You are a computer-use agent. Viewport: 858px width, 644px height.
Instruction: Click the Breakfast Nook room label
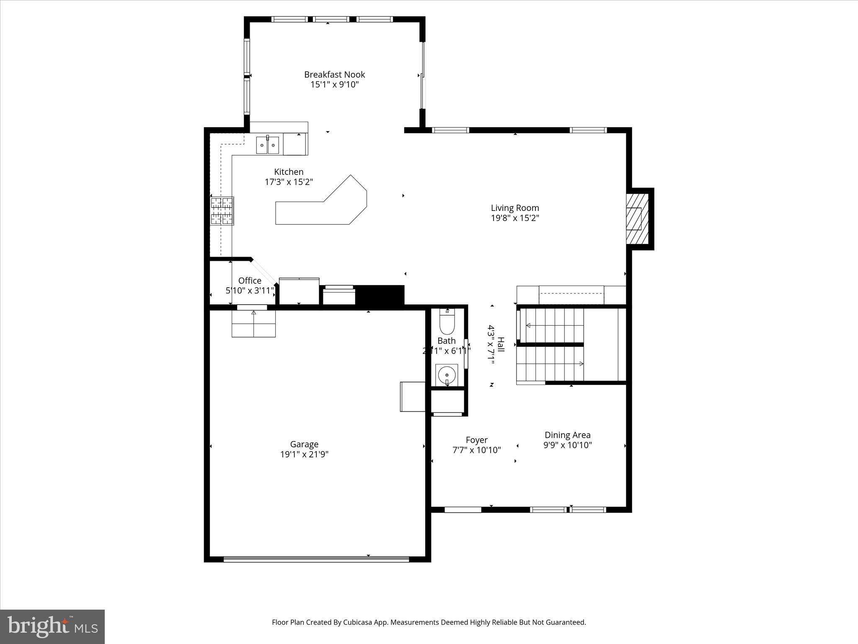[x=334, y=75]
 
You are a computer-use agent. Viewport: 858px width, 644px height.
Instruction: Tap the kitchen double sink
[x=268, y=145]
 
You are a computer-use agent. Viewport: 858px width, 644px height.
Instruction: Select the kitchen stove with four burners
[x=222, y=211]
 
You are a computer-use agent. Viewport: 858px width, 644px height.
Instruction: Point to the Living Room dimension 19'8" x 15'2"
[x=515, y=218]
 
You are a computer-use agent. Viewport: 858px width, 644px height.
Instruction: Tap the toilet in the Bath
[x=447, y=323]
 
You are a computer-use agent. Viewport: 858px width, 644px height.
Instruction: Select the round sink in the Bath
[x=447, y=374]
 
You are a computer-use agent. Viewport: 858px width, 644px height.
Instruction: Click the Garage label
[x=304, y=444]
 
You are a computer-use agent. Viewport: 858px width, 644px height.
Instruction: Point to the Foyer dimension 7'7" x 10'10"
[x=476, y=450]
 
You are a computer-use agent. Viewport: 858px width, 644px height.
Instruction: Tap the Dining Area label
[x=567, y=435]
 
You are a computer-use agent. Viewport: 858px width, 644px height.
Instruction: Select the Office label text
[x=250, y=280]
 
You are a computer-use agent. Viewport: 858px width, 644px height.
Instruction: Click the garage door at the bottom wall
[x=316, y=559]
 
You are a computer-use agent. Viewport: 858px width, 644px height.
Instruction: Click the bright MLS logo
[x=52, y=626]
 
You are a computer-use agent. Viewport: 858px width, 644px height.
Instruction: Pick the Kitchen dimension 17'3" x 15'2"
[x=289, y=182]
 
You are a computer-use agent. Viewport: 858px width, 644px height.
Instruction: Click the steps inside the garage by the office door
[x=253, y=324]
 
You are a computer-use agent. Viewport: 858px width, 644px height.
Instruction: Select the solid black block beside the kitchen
[x=380, y=295]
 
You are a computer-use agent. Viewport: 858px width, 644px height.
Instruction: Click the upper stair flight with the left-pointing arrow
[x=551, y=325]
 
